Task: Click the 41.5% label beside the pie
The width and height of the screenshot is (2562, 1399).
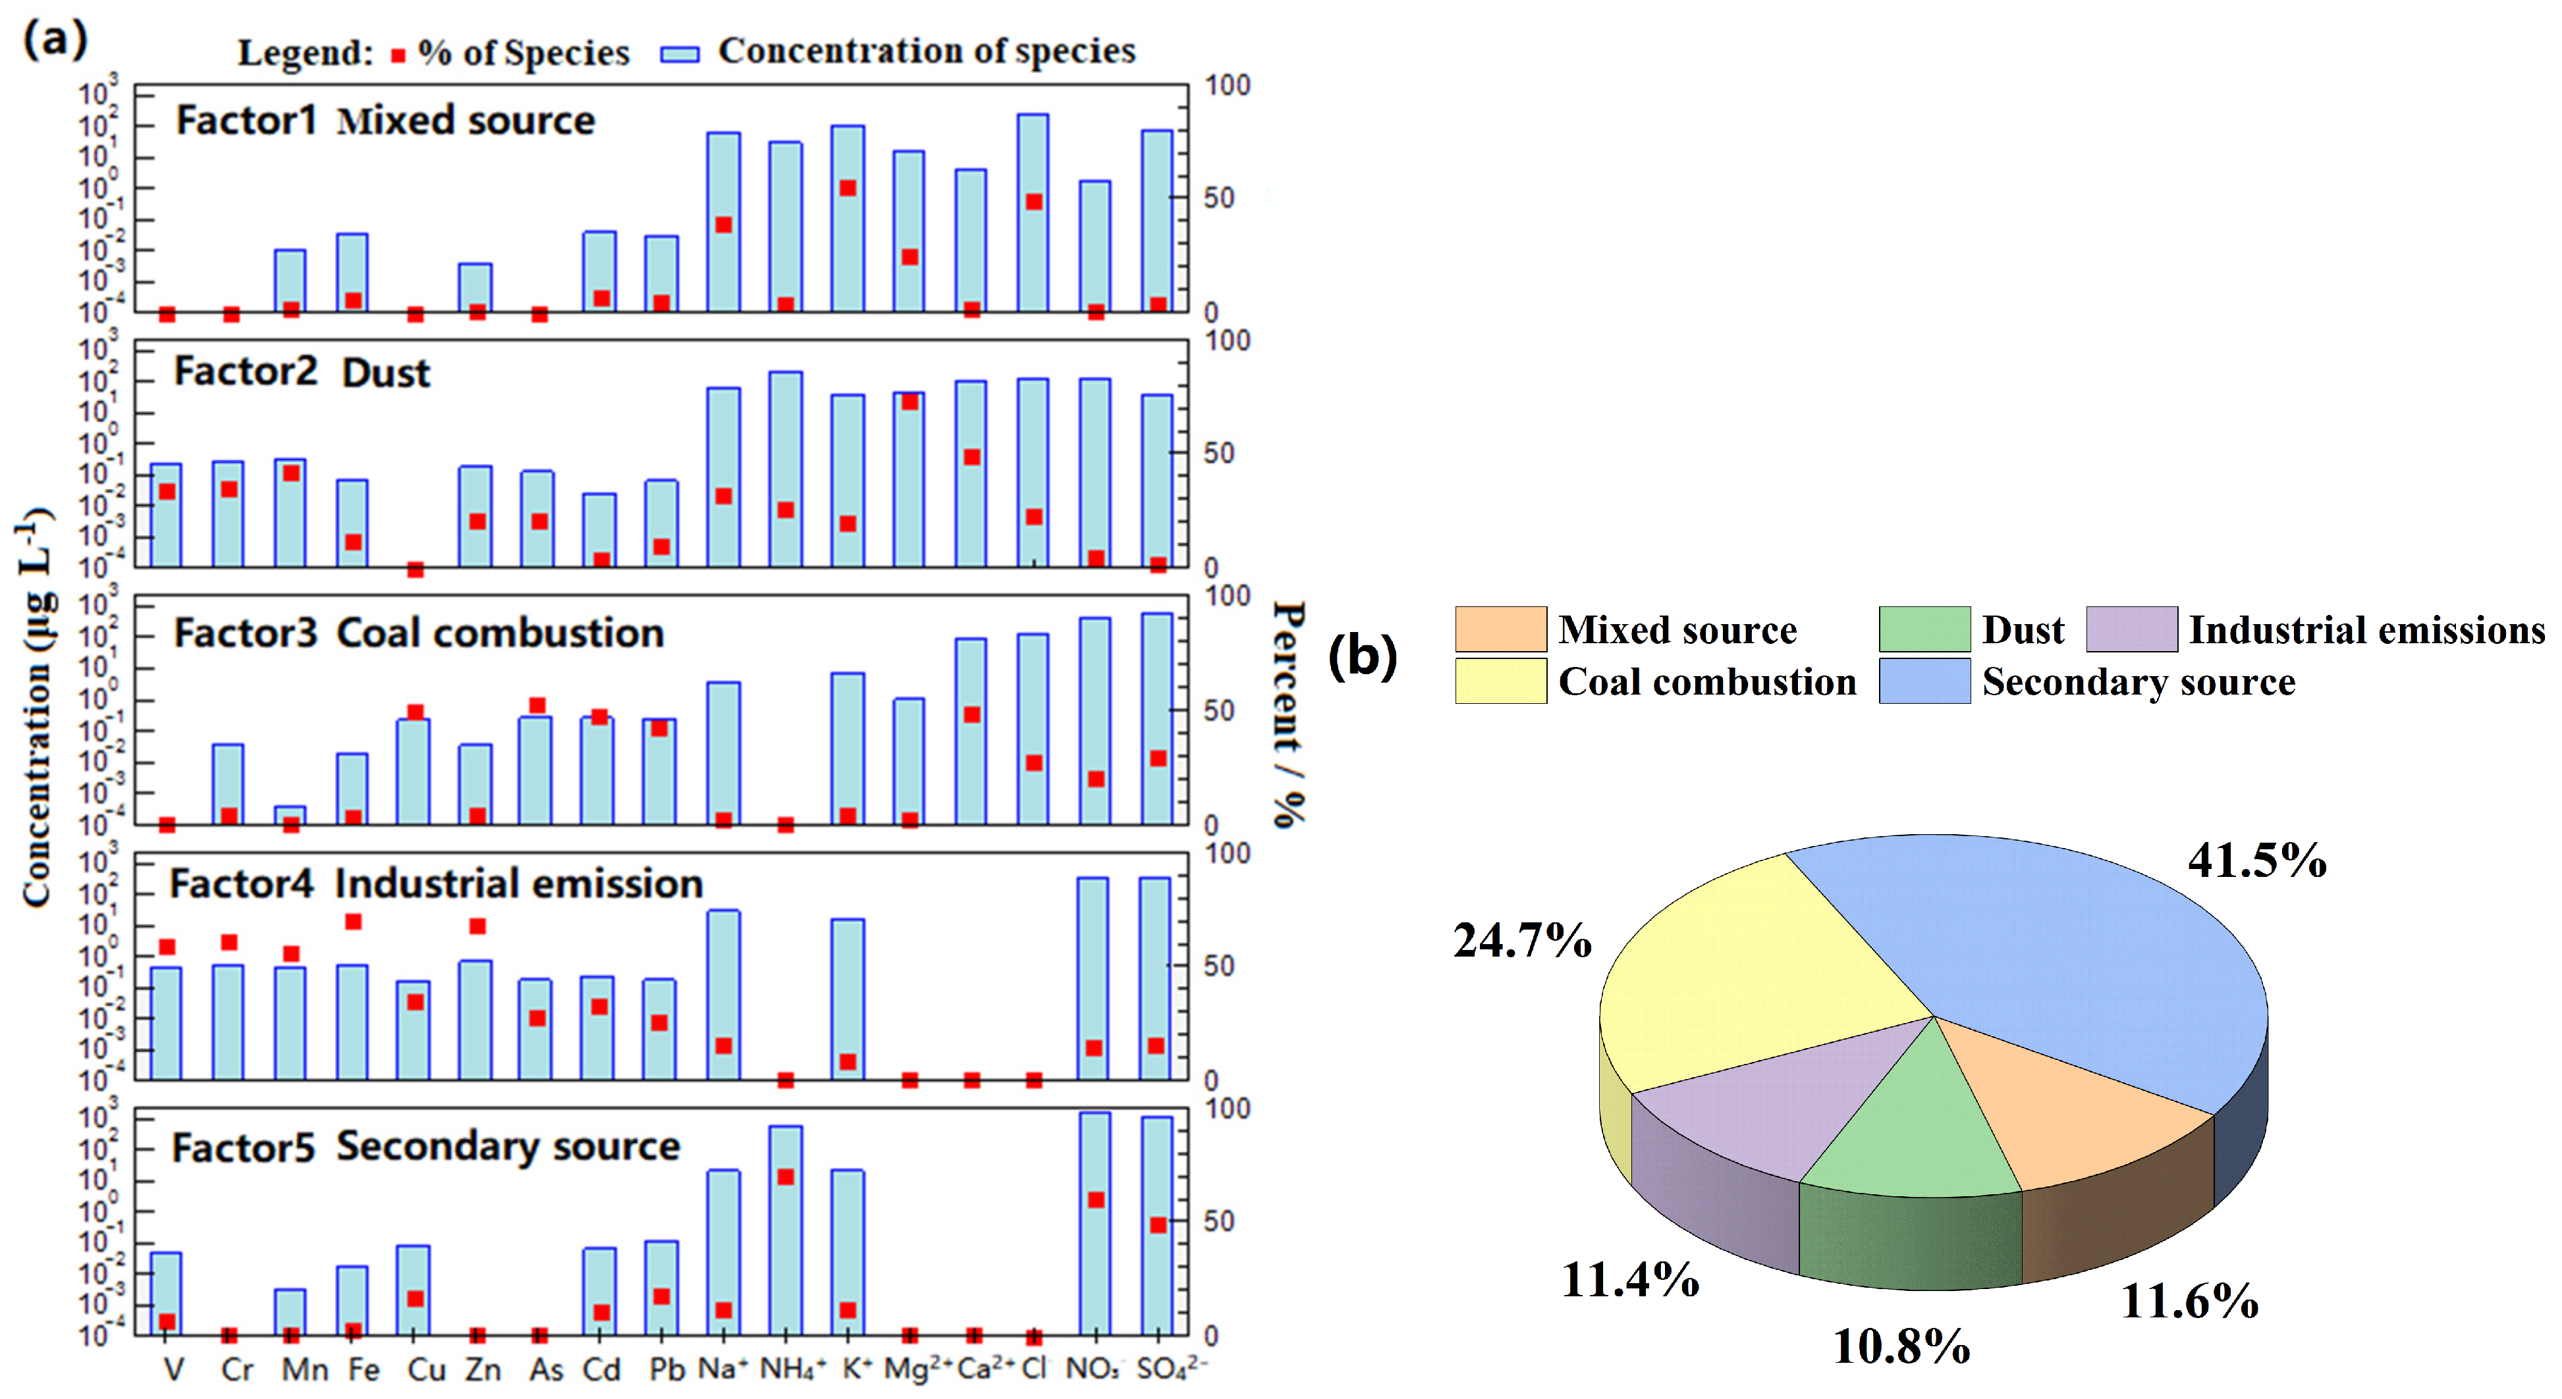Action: [x=2256, y=860]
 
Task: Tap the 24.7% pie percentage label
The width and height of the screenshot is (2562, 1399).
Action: [x=1521, y=939]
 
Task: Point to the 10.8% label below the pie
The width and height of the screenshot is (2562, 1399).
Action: [x=1901, y=1346]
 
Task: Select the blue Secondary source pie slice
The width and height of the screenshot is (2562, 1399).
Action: [x=2069, y=955]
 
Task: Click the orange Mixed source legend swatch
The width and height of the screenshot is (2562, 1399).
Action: [x=1500, y=629]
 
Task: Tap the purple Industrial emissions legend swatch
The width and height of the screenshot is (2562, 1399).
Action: [x=2131, y=629]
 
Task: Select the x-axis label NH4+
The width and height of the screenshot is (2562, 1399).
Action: [x=792, y=1369]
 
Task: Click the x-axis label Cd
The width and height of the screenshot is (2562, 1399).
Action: [x=601, y=1369]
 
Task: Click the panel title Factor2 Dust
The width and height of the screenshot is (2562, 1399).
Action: [x=302, y=372]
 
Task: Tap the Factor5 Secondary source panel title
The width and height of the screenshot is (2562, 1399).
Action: [x=425, y=1146]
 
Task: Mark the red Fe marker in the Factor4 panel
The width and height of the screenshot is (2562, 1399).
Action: [x=353, y=922]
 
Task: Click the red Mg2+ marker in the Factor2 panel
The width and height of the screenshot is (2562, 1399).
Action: [x=909, y=402]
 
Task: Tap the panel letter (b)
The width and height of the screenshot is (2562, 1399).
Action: [x=1363, y=656]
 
